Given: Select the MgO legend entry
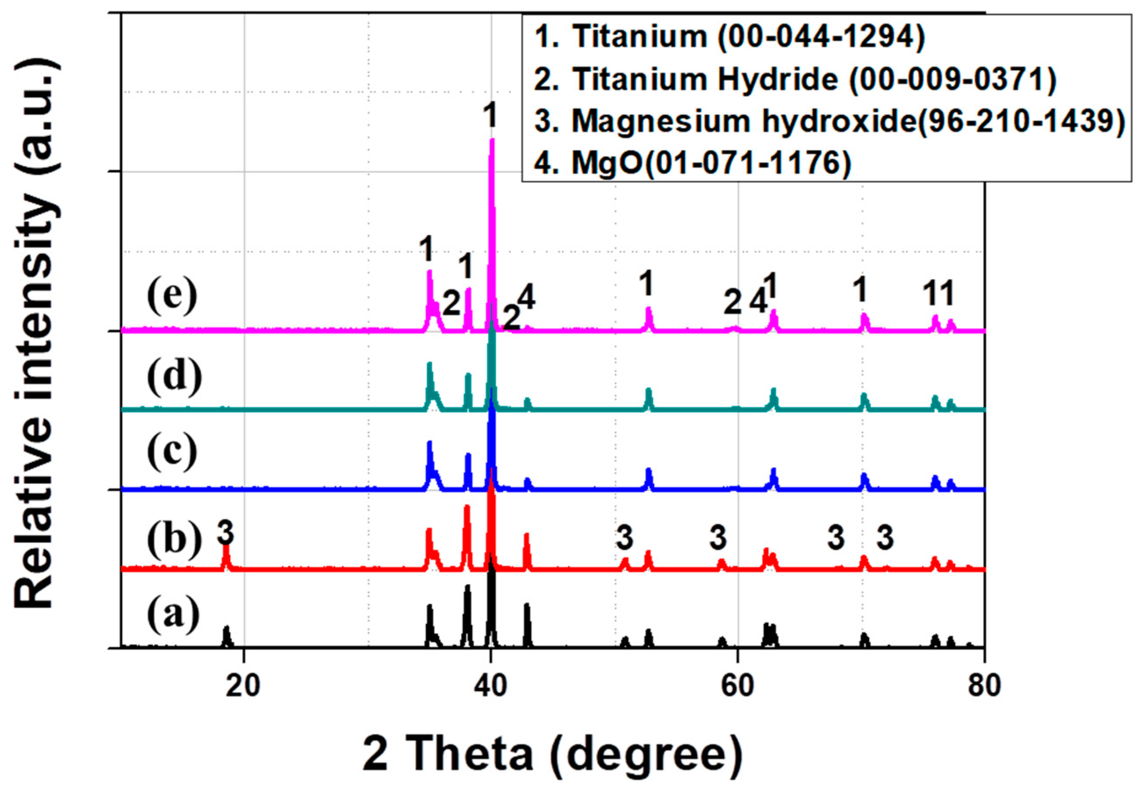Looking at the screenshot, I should pyautogui.click(x=692, y=163).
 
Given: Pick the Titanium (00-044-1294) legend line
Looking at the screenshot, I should pyautogui.click(x=730, y=36).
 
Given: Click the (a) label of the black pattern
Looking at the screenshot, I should pyautogui.click(x=173, y=616).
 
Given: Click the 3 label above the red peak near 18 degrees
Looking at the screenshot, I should pyautogui.click(x=226, y=532).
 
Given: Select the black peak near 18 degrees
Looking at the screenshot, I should pyautogui.click(x=227, y=635).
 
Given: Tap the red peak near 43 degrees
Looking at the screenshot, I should pyautogui.click(x=527, y=551).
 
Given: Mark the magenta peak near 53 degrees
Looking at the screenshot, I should pyautogui.click(x=649, y=318).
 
